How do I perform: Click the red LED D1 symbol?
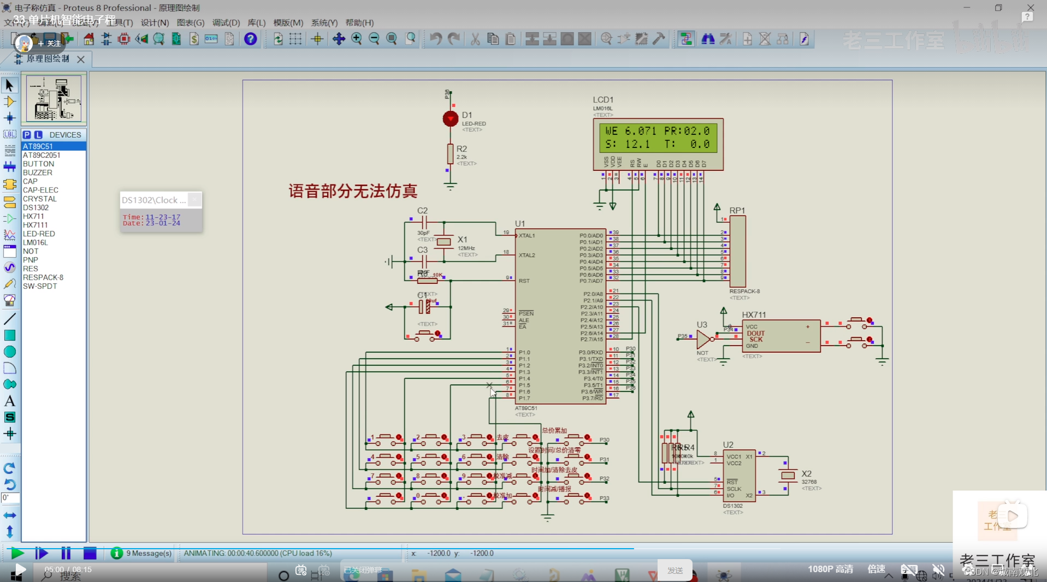click(450, 118)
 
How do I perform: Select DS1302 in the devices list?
click(36, 207)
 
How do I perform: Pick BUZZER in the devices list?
click(38, 173)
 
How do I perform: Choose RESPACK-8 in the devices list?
click(43, 277)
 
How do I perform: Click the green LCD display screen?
click(658, 138)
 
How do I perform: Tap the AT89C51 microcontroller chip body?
click(560, 317)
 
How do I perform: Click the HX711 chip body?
click(781, 336)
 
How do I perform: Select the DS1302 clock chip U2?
click(739, 476)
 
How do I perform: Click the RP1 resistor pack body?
click(737, 251)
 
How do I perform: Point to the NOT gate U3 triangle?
click(703, 339)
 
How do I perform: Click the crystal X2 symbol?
click(788, 476)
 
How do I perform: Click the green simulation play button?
click(17, 553)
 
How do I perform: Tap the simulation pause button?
click(66, 553)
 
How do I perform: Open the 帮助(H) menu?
click(359, 22)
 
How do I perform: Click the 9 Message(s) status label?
click(149, 553)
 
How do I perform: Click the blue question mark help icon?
click(250, 39)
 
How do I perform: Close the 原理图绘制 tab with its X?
click(81, 59)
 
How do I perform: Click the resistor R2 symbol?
click(450, 154)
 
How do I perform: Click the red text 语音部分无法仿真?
click(353, 191)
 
